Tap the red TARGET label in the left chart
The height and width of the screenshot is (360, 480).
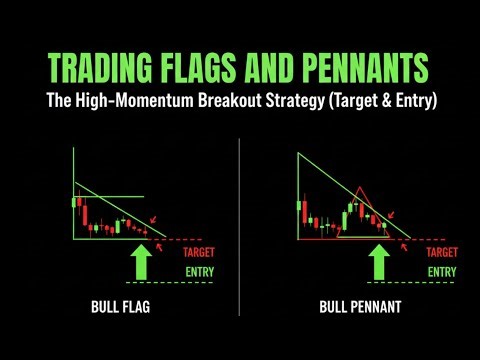[x=198, y=253]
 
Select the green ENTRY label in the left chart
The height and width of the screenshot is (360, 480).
[x=198, y=271]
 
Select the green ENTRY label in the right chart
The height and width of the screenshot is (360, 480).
[x=443, y=271]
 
